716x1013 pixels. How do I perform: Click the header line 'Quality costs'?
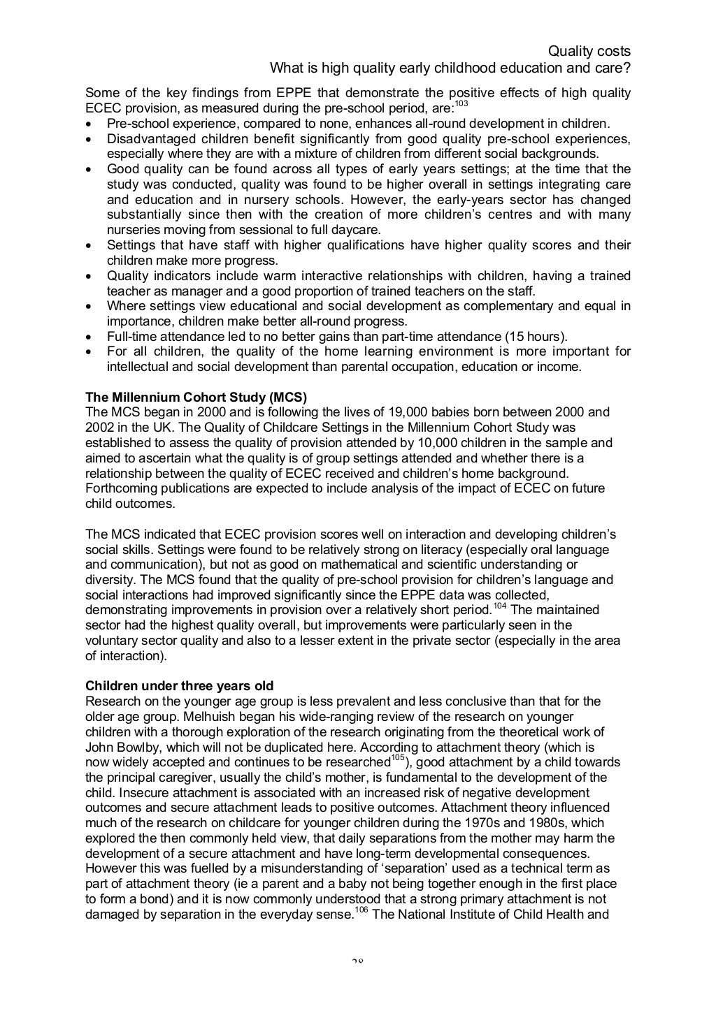click(x=589, y=51)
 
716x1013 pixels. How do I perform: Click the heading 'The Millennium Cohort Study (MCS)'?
click(x=196, y=397)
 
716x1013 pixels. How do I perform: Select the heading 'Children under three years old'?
click(x=179, y=685)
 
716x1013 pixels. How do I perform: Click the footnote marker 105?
click(x=397, y=758)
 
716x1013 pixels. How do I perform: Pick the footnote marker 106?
click(x=361, y=910)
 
